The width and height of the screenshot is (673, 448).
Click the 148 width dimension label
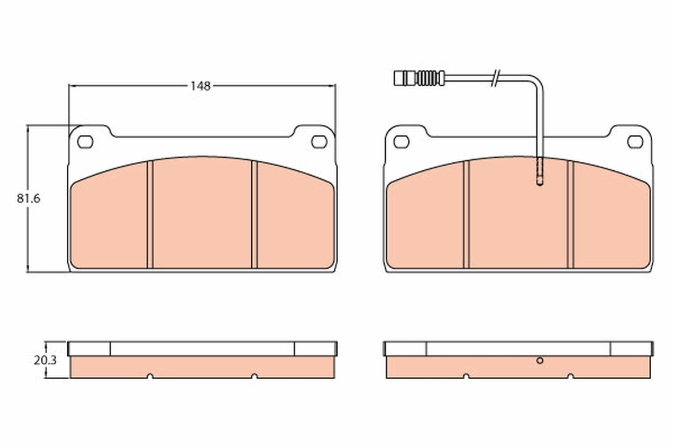[200, 86]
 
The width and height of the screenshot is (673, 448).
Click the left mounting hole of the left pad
[85, 142]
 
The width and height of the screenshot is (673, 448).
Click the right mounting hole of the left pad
[319, 142]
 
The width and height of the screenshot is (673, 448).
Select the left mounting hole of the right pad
[401, 142]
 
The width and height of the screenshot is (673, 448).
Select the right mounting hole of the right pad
[635, 142]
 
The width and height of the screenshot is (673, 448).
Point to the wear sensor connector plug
[403, 78]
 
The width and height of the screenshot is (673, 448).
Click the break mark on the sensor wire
[495, 78]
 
